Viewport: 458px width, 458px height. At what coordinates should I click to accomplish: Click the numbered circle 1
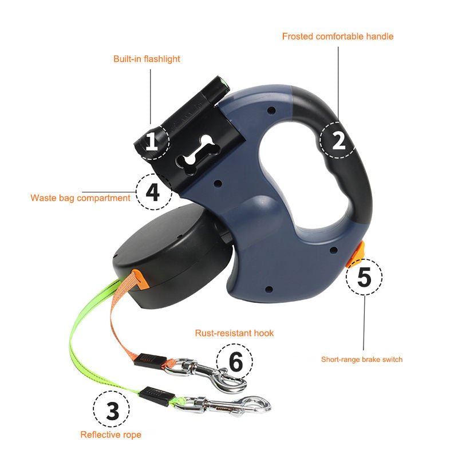pos(152,140)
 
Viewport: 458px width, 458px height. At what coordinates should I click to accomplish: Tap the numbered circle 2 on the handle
pos(338,140)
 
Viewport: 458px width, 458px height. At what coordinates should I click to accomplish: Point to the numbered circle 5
pos(364,277)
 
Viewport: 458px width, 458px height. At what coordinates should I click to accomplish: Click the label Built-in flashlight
pos(147,58)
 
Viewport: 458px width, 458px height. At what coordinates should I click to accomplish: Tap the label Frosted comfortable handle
pos(338,36)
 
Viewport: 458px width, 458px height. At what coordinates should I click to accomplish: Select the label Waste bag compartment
pos(81,198)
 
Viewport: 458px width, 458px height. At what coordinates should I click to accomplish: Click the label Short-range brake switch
pos(362,360)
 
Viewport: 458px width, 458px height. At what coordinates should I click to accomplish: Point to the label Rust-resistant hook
pos(234,333)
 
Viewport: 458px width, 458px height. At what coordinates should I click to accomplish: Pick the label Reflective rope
pos(110,435)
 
